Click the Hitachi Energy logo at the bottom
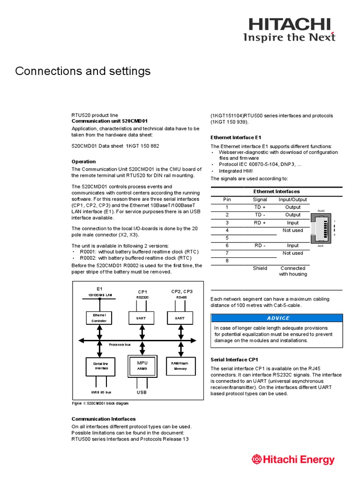pos(293,459)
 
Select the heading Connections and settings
pos(83,71)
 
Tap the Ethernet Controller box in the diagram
pos(99,318)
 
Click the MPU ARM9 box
pos(142,366)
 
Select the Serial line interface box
pos(101,366)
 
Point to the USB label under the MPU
pos(142,392)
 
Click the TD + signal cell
pos(260,207)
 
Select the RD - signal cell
pos(260,245)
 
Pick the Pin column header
pos(227,199)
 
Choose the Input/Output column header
pos(292,199)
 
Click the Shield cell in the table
pos(260,268)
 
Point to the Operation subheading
pos(83,162)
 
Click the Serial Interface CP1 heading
pos(234,360)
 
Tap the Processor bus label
pos(120,344)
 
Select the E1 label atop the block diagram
pos(99,289)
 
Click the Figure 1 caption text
pos(100,403)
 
